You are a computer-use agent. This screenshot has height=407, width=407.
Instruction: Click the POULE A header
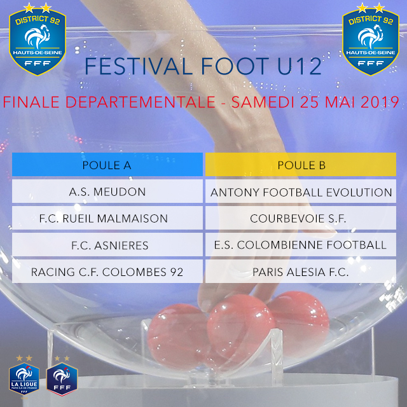click(107, 164)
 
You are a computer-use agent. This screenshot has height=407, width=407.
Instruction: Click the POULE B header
click(301, 164)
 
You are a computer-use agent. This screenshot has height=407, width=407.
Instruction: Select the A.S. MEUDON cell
click(107, 191)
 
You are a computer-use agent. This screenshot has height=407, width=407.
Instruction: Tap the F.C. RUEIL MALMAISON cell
click(107, 218)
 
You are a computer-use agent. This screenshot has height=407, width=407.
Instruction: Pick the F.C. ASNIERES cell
click(107, 245)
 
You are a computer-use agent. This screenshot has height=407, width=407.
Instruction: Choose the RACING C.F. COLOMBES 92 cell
click(107, 272)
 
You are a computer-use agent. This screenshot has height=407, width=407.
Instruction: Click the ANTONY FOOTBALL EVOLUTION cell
click(301, 191)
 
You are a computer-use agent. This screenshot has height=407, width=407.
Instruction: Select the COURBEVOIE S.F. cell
click(301, 218)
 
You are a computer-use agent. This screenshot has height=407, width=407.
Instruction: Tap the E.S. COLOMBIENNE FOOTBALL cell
click(301, 245)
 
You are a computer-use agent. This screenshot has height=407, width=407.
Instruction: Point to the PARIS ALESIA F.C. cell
click(301, 272)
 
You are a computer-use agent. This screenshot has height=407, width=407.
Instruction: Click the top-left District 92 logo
click(38, 39)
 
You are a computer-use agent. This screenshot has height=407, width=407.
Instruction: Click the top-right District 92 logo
click(371, 39)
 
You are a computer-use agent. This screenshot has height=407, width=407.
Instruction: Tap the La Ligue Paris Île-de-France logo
click(24, 375)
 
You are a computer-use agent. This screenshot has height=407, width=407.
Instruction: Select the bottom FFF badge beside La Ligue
click(62, 376)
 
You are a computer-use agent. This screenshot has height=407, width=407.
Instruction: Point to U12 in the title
click(300, 66)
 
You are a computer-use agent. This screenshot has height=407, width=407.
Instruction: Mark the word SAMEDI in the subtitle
click(263, 102)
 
